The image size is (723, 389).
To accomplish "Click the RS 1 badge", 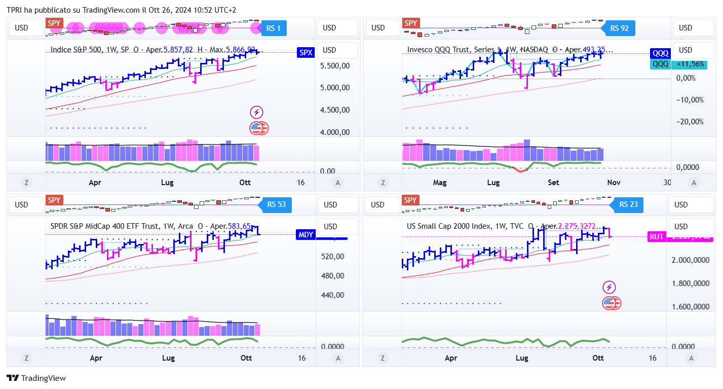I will tap(274, 28).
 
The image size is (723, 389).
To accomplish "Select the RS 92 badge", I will tap(620, 28).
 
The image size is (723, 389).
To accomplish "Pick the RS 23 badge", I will tap(628, 205).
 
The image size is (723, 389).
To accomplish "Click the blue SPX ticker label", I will tap(306, 52).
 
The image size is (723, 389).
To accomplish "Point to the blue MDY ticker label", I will tap(306, 234).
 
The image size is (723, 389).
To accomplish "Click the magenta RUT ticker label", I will tap(657, 236).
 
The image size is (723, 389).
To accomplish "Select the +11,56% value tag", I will tap(690, 64).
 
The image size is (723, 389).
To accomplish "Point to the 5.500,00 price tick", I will tap(335, 66).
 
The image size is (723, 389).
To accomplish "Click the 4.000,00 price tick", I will tap(335, 132).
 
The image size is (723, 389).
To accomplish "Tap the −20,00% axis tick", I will tap(691, 122).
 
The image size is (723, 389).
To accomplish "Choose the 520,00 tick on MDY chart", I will tap(333, 257).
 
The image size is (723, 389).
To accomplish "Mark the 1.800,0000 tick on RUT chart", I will tap(690, 284).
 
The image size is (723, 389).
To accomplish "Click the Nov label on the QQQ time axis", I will tap(614, 183).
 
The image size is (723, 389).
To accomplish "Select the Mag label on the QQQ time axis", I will tap(440, 183).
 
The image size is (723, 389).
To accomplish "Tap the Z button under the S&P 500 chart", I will tap(26, 183).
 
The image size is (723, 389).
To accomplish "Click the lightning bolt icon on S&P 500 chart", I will tap(256, 113).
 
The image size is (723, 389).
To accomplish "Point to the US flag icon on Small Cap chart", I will tap(611, 303).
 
